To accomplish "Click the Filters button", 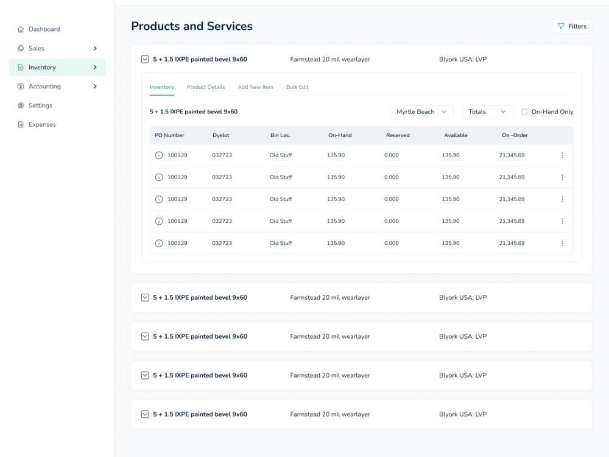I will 572,26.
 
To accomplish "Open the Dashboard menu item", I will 44,29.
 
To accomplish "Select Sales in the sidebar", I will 37,48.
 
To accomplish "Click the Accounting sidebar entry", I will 44,87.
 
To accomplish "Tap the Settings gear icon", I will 21,105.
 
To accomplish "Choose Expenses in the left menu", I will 42,124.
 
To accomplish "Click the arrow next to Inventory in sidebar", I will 95,68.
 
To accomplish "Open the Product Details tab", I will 206,87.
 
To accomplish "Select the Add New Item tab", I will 255,87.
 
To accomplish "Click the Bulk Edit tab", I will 297,87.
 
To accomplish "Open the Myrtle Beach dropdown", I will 421,112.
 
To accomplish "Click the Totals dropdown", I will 487,112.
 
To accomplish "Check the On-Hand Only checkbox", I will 524,112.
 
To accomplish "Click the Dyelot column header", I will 221,135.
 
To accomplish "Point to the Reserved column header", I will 398,135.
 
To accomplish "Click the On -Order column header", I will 515,135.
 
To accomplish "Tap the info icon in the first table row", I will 159,155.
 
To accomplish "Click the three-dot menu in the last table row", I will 562,243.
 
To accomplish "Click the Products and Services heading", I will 192,26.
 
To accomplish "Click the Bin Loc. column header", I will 280,135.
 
